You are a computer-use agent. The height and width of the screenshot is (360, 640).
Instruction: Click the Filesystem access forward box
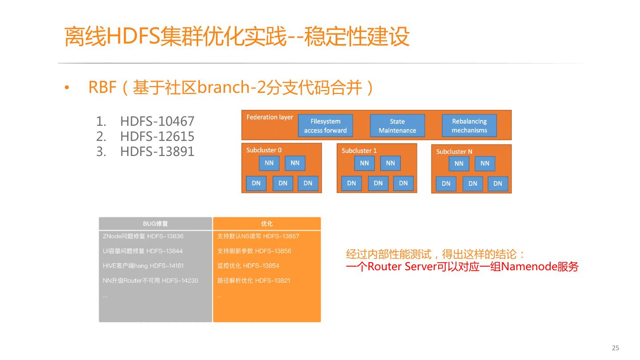click(325, 126)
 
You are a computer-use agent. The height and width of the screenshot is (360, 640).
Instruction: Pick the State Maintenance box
click(397, 126)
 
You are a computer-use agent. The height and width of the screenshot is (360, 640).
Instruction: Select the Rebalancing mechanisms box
click(469, 126)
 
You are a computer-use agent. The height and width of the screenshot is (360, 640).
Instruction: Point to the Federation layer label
click(270, 117)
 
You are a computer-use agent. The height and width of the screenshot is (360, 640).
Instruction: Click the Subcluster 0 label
click(264, 150)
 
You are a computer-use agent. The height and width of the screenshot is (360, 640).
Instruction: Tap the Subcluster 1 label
click(359, 151)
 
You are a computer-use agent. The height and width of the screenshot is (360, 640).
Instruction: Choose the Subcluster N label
click(454, 152)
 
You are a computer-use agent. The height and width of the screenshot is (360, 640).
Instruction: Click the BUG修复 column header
click(156, 224)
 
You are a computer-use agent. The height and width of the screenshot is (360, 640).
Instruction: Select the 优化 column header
click(267, 224)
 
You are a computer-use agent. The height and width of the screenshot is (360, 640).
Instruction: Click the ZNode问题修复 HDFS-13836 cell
click(143, 236)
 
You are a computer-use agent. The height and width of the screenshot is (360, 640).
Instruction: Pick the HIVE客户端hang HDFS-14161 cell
click(143, 266)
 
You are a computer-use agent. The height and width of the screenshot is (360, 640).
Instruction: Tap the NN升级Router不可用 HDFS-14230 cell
click(150, 280)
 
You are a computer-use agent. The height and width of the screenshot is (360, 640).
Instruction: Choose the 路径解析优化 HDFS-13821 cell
click(254, 280)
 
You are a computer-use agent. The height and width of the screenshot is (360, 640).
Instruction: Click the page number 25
click(616, 348)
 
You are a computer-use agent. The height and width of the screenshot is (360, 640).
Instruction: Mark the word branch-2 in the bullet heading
click(226, 88)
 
